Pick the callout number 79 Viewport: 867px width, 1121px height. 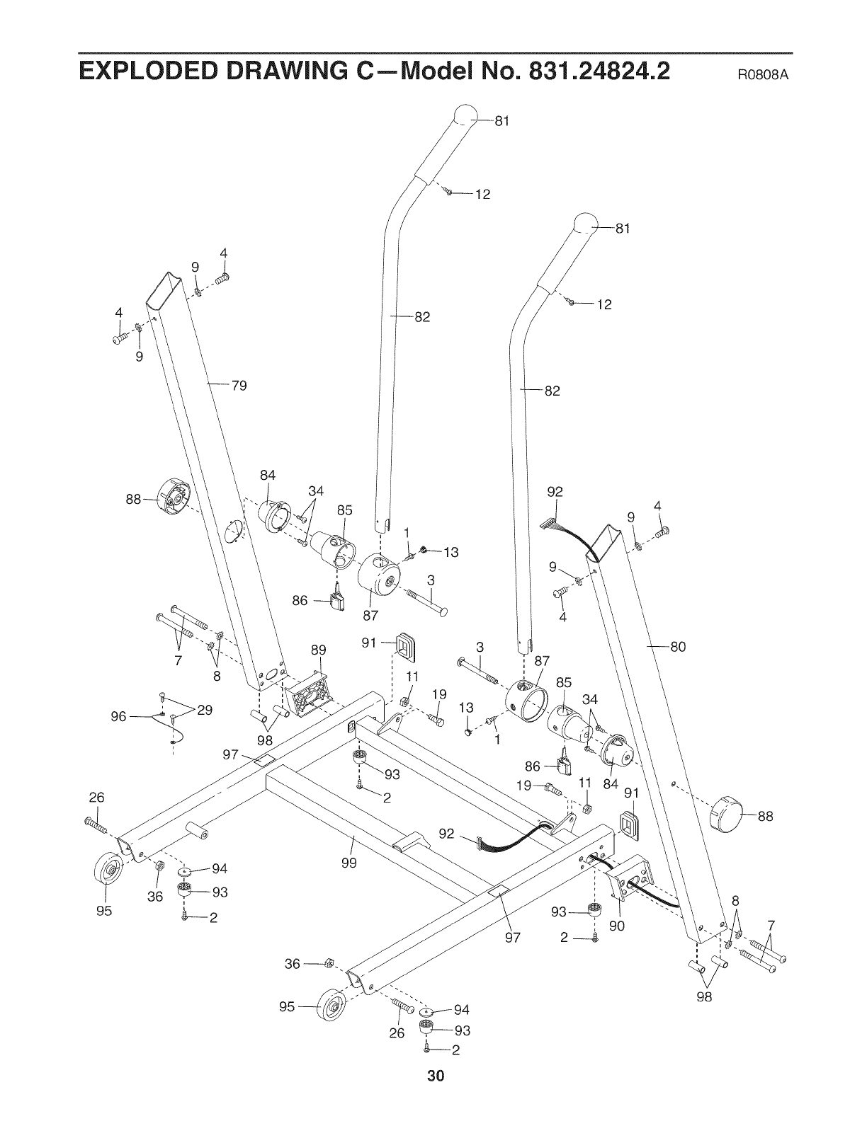[239, 386]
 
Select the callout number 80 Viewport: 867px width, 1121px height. [678, 646]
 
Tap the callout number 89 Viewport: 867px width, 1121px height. [319, 650]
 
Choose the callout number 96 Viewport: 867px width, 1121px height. [118, 717]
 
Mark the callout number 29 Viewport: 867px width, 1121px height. [205, 711]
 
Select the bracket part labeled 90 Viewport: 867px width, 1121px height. [629, 879]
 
